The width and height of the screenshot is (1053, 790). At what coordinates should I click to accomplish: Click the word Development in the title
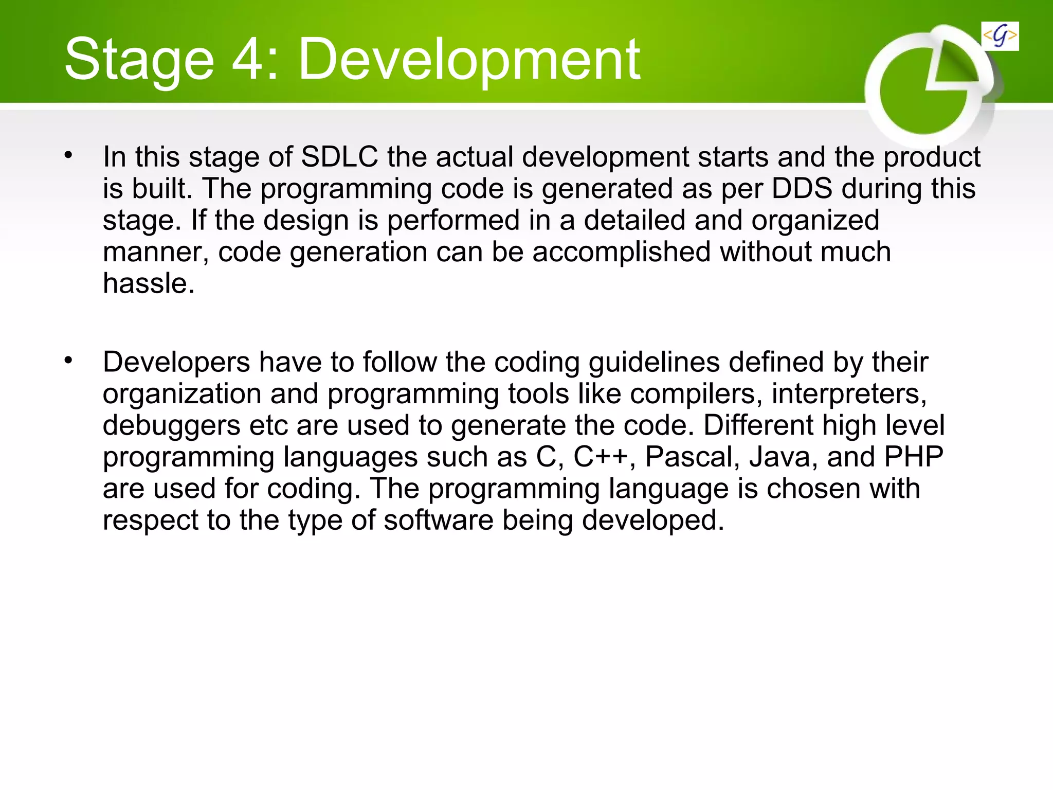pos(469,61)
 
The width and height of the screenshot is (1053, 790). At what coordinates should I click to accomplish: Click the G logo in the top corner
pos(1000,37)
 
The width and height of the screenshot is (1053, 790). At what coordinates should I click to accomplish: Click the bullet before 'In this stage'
pos(68,154)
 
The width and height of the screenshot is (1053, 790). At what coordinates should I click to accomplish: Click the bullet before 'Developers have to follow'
pos(68,360)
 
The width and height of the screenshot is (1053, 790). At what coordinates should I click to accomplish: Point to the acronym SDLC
pos(339,157)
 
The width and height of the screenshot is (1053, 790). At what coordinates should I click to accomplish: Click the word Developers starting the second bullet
pos(176,363)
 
